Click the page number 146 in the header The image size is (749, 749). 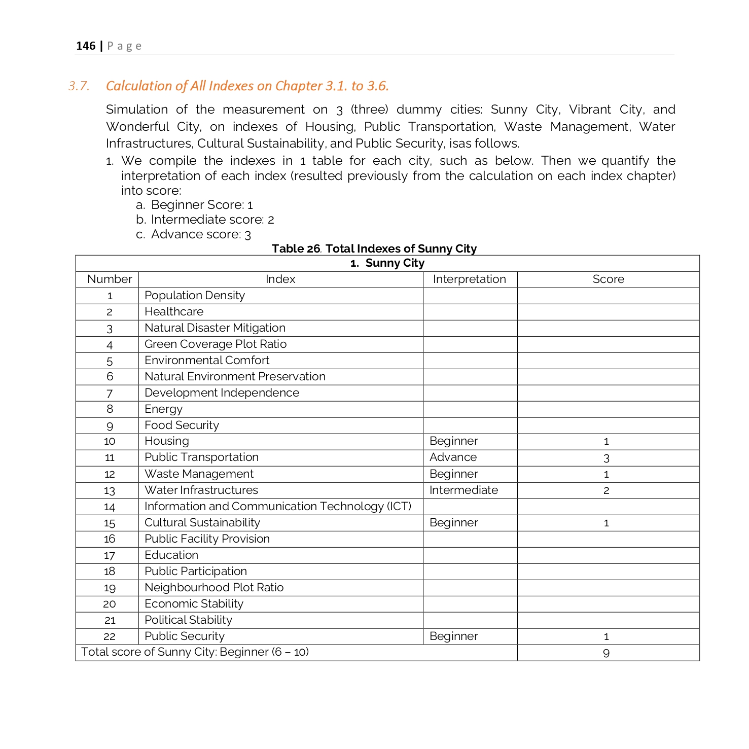(86, 46)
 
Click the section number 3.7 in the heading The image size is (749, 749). (79, 86)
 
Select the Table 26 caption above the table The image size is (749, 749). (374, 248)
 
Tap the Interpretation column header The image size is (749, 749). (469, 279)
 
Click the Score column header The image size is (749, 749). (608, 279)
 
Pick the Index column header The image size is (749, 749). (280, 279)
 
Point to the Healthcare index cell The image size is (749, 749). (174, 312)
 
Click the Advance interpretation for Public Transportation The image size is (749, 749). (453, 457)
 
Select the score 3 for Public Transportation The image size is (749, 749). (607, 458)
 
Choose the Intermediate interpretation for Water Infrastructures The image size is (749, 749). (463, 490)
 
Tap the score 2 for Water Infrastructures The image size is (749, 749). (607, 490)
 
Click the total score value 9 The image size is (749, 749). (607, 653)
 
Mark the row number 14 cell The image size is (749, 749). (110, 507)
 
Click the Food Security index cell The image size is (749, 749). (182, 425)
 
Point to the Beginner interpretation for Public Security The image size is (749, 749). (453, 636)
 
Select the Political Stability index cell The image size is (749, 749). (188, 620)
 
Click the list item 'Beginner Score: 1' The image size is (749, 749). (201, 205)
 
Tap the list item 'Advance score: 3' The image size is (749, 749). (201, 234)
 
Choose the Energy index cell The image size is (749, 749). (163, 409)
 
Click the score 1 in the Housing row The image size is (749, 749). (607, 442)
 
